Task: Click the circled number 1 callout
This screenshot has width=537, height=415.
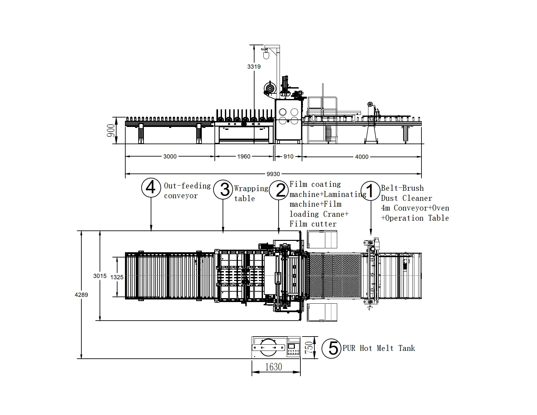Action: click(370, 190)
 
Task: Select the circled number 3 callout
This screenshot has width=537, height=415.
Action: click(223, 189)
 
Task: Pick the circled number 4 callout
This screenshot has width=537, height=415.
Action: click(151, 188)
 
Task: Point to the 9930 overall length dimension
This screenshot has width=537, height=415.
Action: click(273, 174)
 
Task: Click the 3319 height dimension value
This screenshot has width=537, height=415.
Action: click(254, 67)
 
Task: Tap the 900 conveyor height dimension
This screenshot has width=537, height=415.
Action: click(111, 130)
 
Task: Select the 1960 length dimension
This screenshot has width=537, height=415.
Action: click(243, 157)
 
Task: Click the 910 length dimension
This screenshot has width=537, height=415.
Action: click(288, 157)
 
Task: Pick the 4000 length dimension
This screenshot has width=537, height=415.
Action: click(362, 157)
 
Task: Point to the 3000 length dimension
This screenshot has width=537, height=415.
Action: click(170, 157)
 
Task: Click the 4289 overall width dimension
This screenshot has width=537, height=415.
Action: click(81, 295)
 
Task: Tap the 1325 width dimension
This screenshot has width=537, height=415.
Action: click(117, 277)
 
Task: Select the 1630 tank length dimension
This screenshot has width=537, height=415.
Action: click(273, 367)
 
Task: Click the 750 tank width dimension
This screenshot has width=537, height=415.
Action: click(310, 348)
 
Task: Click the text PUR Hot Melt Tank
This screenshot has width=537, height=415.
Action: click(379, 348)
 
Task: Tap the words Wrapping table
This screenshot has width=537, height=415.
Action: click(251, 193)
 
